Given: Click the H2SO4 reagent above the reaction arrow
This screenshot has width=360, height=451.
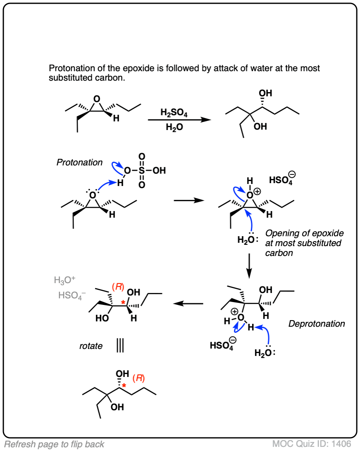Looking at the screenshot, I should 174,112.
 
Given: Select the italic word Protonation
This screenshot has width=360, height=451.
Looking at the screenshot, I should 79,163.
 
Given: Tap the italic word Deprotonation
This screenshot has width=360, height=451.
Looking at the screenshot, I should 317,324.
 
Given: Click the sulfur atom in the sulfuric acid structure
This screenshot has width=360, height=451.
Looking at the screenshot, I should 142,170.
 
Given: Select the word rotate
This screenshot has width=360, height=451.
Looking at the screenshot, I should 91,346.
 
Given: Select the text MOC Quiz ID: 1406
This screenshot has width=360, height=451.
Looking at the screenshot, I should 311,444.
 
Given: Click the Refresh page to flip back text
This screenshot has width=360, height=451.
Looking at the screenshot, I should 54,444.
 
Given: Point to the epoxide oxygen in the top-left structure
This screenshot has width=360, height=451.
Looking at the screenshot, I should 96,99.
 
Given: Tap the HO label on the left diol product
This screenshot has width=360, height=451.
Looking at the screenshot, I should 102,318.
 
